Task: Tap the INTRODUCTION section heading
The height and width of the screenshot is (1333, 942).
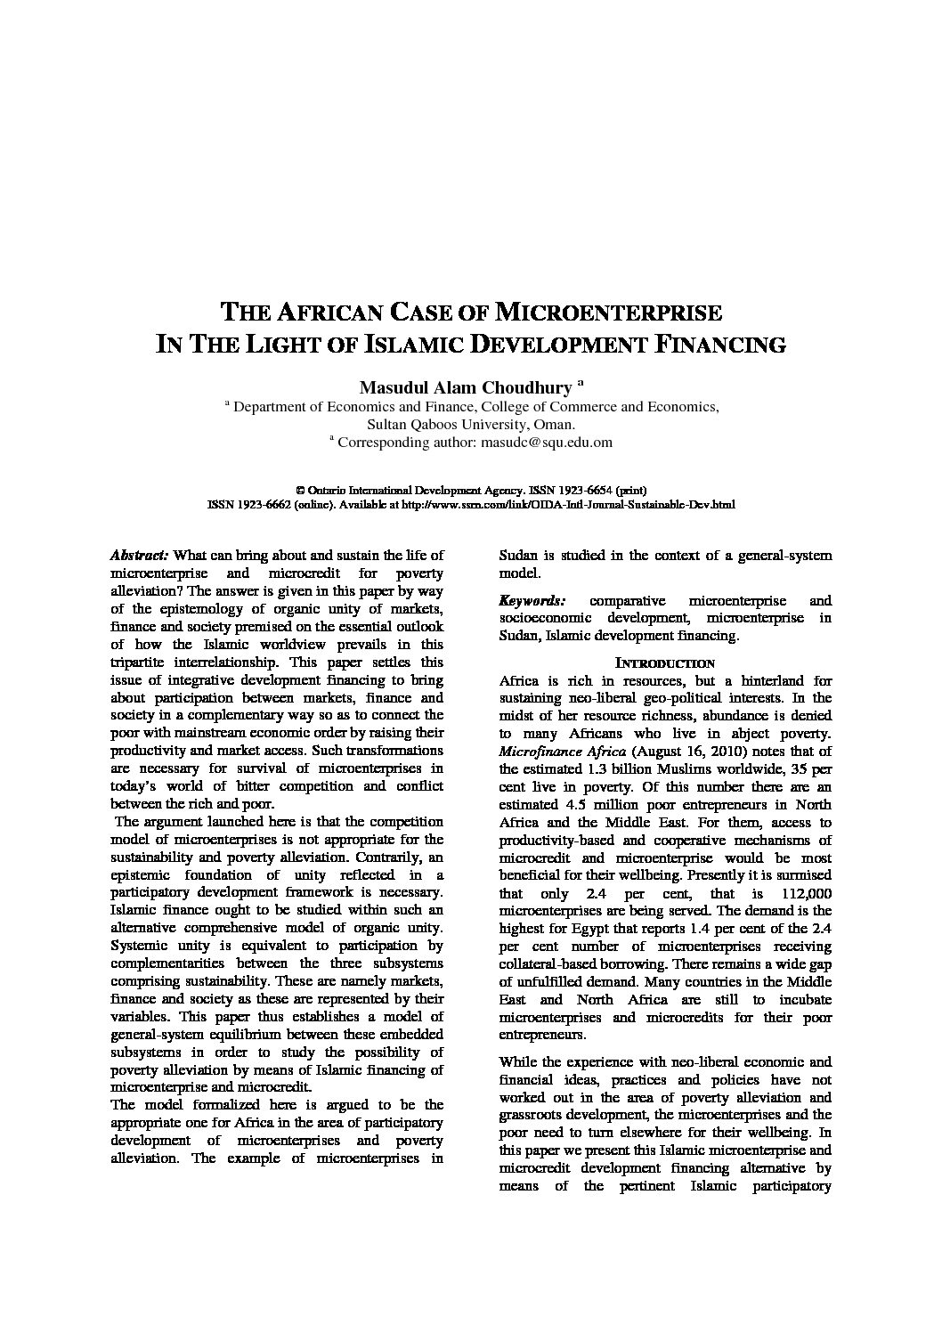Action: coord(664,663)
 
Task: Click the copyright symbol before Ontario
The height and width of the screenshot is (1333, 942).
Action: coord(300,491)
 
